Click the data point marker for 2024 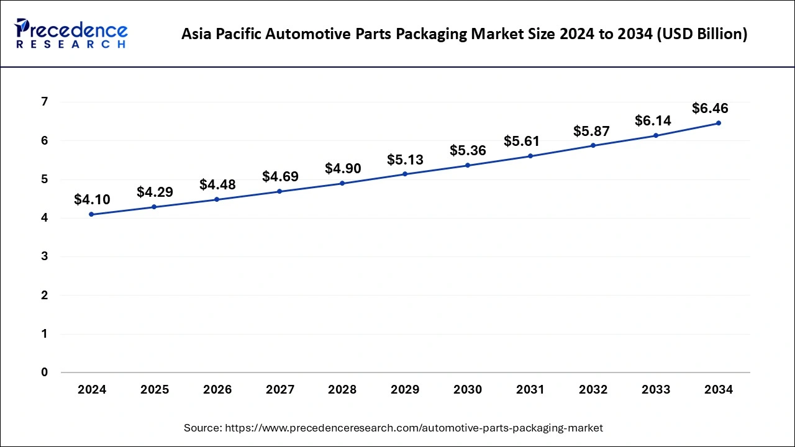(x=92, y=214)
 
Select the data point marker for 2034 (x=719, y=123)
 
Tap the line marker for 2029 (x=405, y=174)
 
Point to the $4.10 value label (x=92, y=199)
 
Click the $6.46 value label (x=710, y=109)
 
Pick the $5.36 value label (x=468, y=151)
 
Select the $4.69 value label (x=280, y=177)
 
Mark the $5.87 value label (x=591, y=131)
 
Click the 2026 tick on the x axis (x=217, y=390)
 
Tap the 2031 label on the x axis (x=530, y=390)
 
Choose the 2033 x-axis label (x=656, y=390)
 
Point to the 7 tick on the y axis (x=45, y=102)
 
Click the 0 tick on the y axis (x=45, y=372)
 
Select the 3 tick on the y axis (x=45, y=256)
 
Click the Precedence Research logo (x=71, y=34)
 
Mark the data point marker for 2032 (x=593, y=145)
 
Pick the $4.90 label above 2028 (x=343, y=169)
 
